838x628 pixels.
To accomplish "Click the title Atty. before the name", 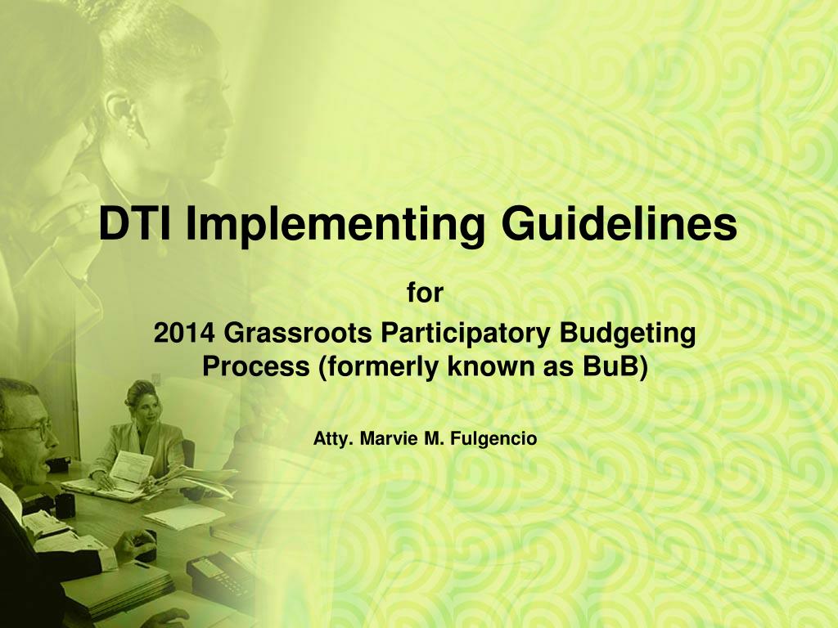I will point(331,439).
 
